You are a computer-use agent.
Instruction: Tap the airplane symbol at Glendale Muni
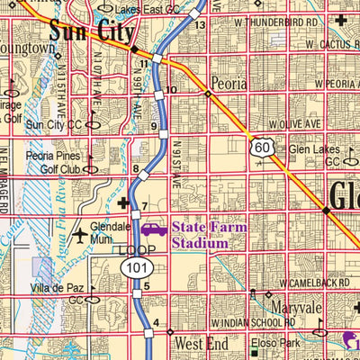click(82, 236)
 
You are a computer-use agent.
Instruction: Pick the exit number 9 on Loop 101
click(154, 126)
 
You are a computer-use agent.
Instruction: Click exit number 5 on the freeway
click(145, 288)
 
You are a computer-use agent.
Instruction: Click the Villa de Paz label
click(56, 289)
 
